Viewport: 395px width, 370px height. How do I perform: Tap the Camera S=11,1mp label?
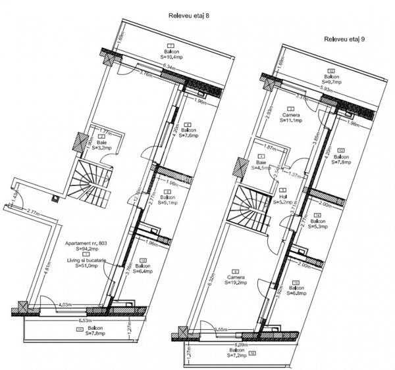pos(290,116)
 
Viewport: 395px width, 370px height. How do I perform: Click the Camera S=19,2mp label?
pos(236,281)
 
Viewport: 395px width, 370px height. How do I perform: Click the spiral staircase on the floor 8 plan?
pos(90,187)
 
